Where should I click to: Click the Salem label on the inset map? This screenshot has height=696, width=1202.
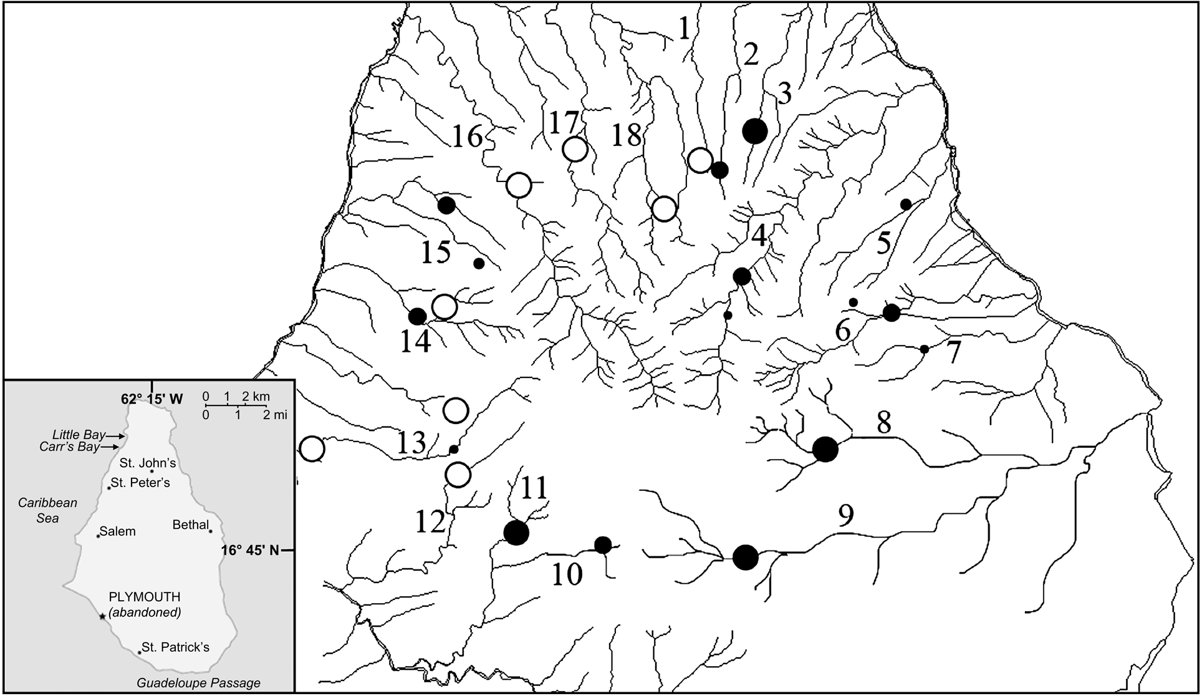(x=117, y=531)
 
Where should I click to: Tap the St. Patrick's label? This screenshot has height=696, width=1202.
(x=175, y=647)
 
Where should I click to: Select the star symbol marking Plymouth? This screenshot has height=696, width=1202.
(x=102, y=616)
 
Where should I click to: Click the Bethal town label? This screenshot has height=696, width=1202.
(x=190, y=524)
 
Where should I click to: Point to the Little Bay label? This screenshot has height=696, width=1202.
(x=79, y=435)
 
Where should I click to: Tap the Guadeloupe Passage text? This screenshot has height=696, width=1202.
(x=198, y=683)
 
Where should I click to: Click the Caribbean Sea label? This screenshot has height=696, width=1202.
(x=47, y=510)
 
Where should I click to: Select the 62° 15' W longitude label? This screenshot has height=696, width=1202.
(x=151, y=399)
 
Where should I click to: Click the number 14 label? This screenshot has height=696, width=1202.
(x=415, y=342)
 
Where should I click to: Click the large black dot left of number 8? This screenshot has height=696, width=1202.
(x=825, y=449)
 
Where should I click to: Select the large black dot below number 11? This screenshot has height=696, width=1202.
(x=516, y=533)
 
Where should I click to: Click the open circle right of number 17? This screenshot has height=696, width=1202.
(x=575, y=150)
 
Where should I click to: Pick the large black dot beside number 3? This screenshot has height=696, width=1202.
(x=755, y=131)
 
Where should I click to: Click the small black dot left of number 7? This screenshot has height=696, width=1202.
(x=925, y=349)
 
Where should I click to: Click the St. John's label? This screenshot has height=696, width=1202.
(x=148, y=463)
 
